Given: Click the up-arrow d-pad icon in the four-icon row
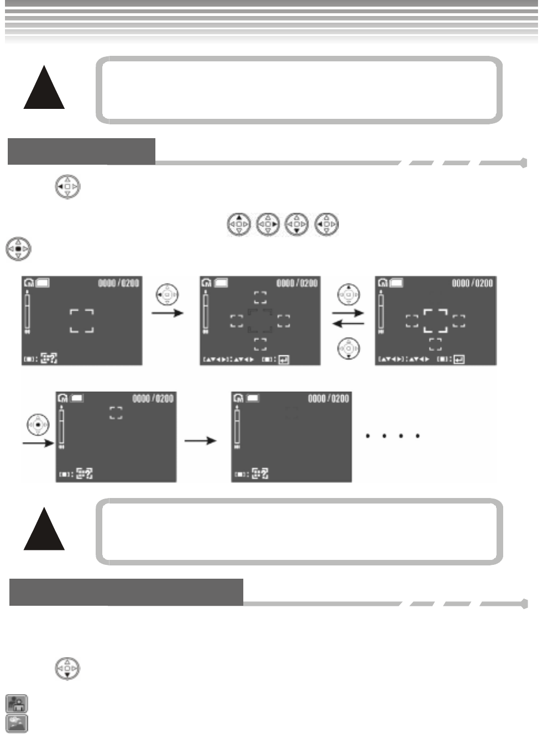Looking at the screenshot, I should (239, 225).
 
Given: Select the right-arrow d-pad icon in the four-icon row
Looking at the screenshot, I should (268, 225).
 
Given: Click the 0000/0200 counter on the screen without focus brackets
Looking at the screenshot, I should (328, 399).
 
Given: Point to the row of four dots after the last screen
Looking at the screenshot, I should (393, 436).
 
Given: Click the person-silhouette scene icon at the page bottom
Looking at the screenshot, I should (17, 704).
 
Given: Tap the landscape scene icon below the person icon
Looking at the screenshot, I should (17, 723).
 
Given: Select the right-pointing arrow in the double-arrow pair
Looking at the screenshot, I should (348, 313).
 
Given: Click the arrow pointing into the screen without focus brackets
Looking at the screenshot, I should (200, 441).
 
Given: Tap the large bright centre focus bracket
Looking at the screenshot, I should (435, 321).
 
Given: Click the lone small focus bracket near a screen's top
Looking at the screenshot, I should (116, 413).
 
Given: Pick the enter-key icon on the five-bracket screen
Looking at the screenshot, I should (283, 360).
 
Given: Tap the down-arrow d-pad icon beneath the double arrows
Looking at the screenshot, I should (348, 348).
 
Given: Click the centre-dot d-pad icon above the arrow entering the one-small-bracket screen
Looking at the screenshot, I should (38, 424).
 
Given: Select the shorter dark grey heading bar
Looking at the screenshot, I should (81, 151).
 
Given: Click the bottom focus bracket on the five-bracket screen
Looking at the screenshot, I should (260, 344).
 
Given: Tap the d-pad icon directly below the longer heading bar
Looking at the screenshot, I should (67, 669).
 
